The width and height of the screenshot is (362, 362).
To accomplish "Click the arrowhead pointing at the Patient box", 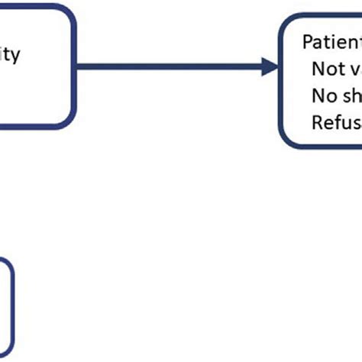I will [270, 67].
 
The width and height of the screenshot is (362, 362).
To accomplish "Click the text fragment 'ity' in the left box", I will [11, 55].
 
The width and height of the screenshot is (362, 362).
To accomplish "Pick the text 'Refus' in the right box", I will [335, 121].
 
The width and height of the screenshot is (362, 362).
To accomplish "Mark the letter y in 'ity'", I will [17, 57].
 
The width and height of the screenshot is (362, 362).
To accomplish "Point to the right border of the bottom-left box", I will [14, 305].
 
